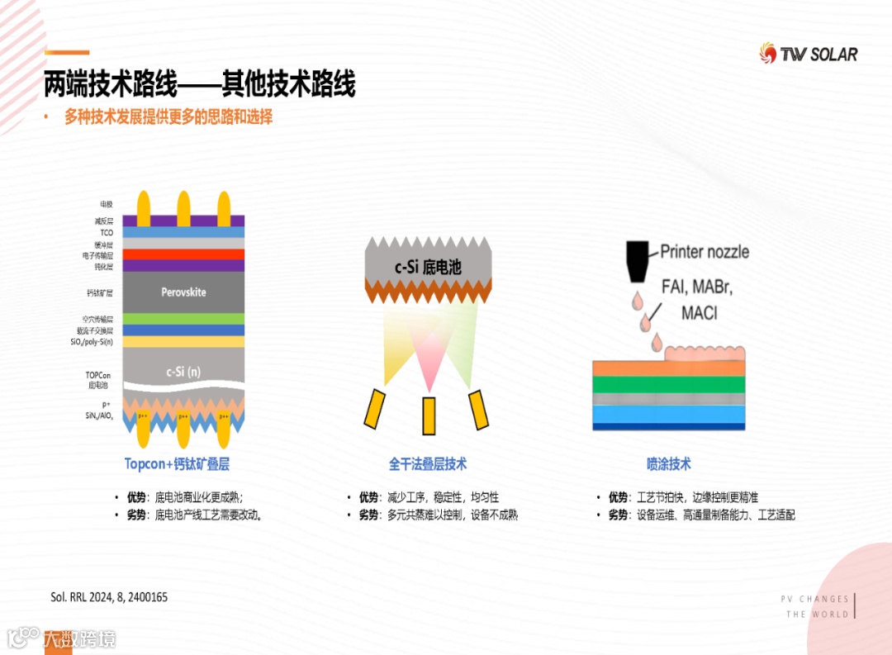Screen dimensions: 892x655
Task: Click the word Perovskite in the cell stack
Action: click(x=183, y=292)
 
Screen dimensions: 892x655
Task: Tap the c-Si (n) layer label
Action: click(x=183, y=372)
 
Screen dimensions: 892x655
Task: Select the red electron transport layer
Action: click(x=183, y=254)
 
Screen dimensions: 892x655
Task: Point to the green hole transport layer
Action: click(x=183, y=318)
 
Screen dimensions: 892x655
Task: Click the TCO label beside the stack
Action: click(x=107, y=233)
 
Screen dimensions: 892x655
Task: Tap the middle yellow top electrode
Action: click(x=183, y=208)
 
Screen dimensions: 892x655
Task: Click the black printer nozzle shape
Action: click(x=637, y=256)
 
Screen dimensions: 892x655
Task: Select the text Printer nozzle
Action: click(x=705, y=251)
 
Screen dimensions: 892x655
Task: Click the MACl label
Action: click(x=699, y=314)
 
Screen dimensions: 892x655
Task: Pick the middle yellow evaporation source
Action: click(x=429, y=415)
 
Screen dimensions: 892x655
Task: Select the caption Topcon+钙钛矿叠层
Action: click(x=177, y=464)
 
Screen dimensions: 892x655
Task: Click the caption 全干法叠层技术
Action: click(x=428, y=464)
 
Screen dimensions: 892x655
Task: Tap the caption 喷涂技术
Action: click(x=668, y=464)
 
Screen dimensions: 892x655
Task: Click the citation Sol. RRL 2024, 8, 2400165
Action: click(x=109, y=596)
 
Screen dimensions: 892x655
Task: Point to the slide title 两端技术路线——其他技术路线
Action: click(x=199, y=84)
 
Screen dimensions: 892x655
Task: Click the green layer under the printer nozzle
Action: click(x=669, y=384)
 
